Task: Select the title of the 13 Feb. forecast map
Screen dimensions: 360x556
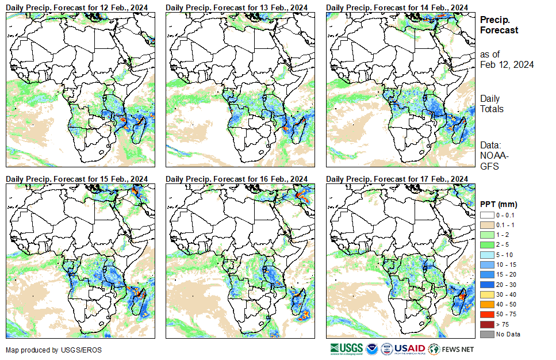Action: pyautogui.click(x=236, y=6)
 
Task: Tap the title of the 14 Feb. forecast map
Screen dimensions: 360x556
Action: pyautogui.click(x=397, y=6)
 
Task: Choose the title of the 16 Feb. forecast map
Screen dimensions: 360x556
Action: pyautogui.click(x=236, y=179)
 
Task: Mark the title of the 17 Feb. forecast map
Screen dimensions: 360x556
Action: pyautogui.click(x=397, y=179)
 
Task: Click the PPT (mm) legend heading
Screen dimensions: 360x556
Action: pyautogui.click(x=499, y=204)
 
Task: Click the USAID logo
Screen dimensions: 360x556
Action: pyautogui.click(x=409, y=348)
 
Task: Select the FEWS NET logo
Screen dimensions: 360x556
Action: pyautogui.click(x=451, y=348)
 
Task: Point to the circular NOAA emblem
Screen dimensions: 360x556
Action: pyautogui.click(x=371, y=348)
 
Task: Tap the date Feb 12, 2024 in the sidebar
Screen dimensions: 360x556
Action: pyautogui.click(x=507, y=64)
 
